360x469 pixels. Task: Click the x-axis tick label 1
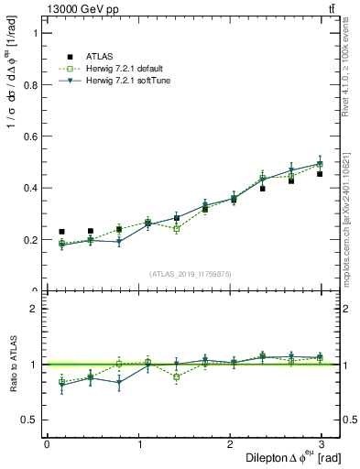pos(139,443)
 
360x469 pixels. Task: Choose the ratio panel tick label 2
pos(32,309)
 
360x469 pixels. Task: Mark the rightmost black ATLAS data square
pos(320,173)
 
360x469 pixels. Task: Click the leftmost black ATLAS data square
pos(61,232)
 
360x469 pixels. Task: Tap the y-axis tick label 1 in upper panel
pos(32,33)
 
